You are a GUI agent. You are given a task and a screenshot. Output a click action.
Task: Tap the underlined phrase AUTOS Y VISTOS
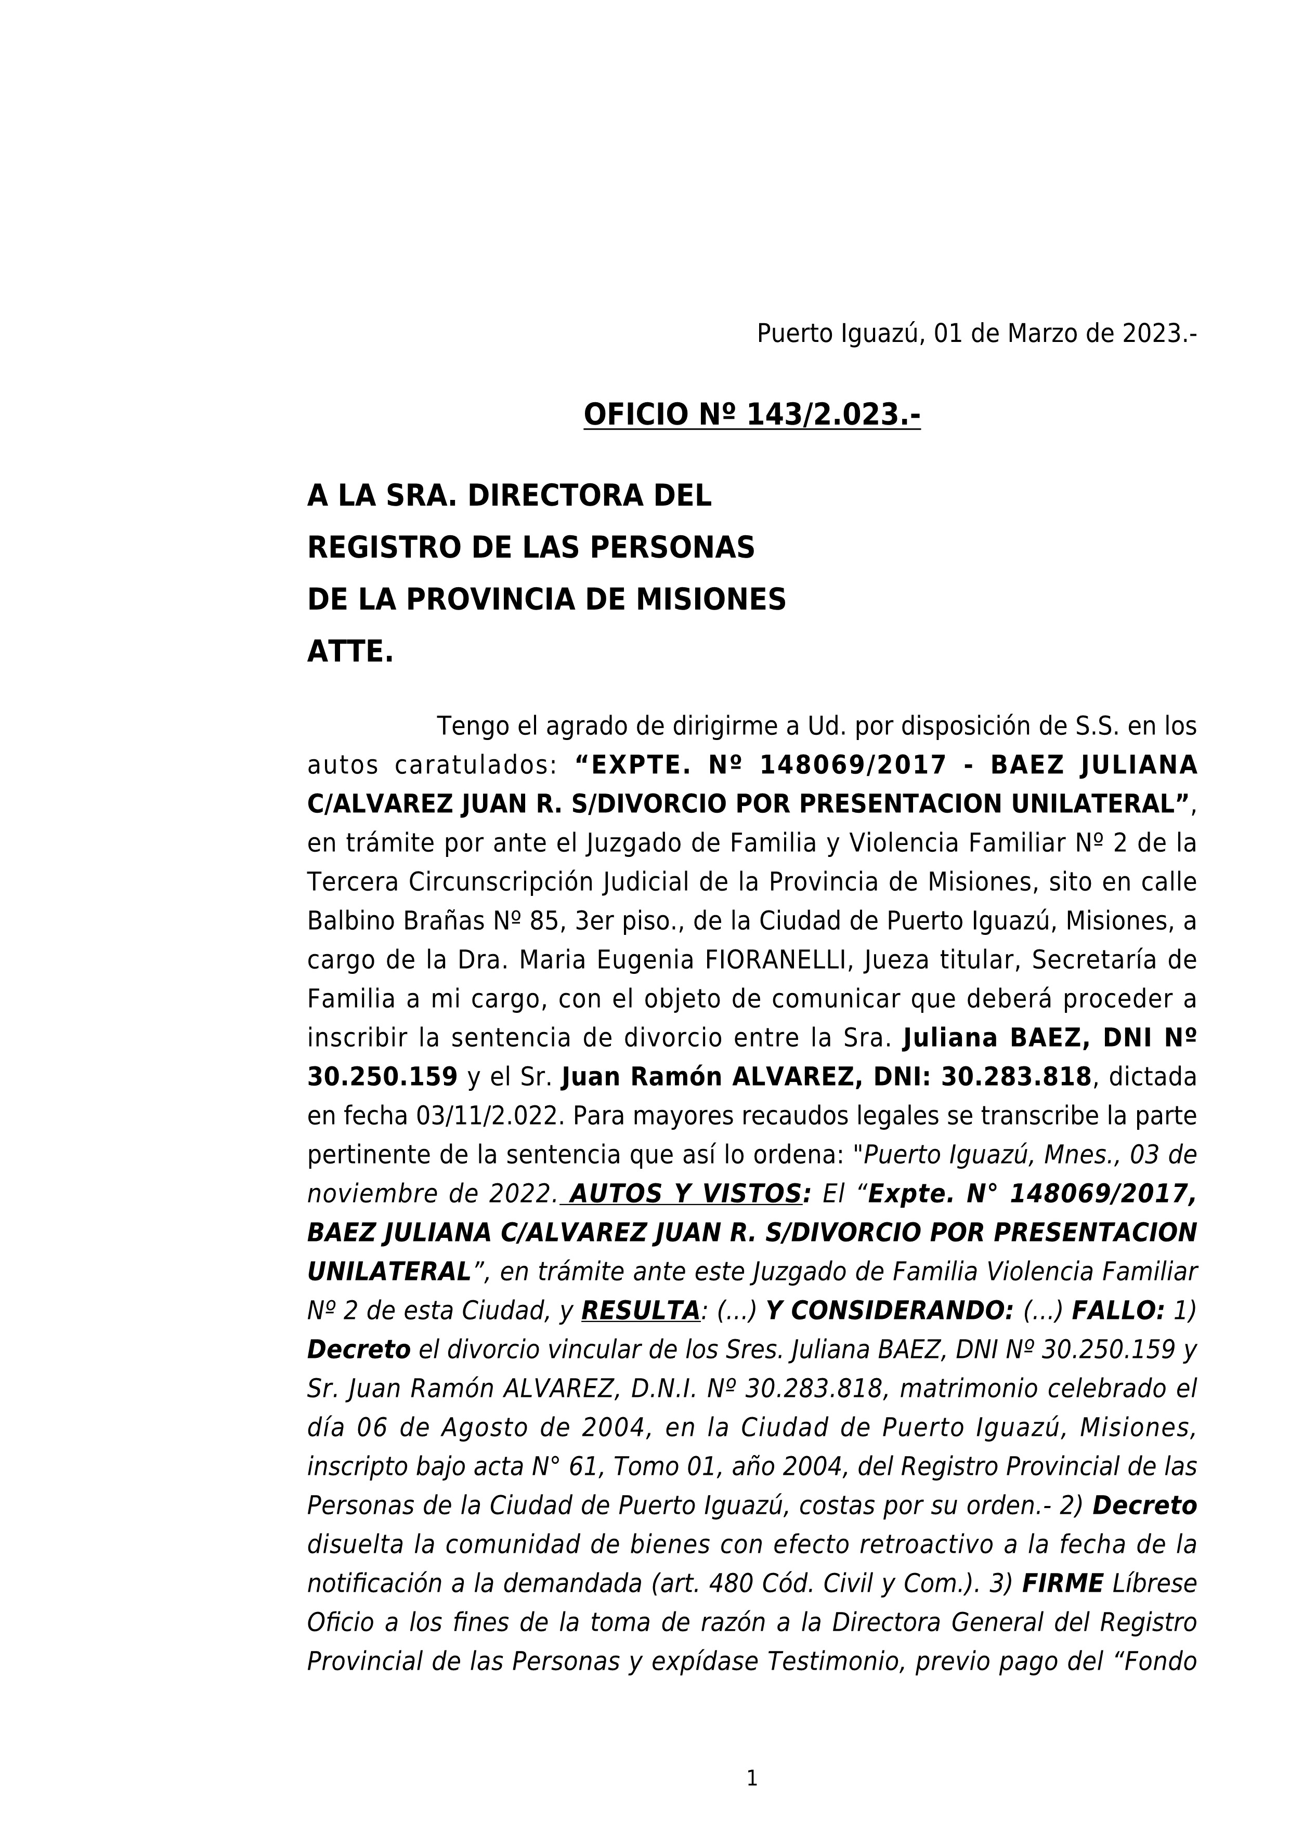pyautogui.click(x=685, y=1193)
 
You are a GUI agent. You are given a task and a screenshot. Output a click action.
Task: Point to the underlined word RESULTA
pyautogui.click(x=640, y=1310)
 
